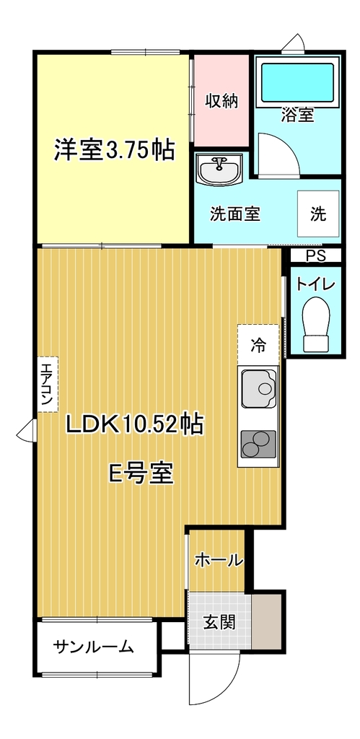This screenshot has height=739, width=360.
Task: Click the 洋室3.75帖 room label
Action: (x=113, y=150)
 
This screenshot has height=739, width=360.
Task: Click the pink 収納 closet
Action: (x=221, y=101)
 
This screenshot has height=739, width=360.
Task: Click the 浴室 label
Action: (x=297, y=115)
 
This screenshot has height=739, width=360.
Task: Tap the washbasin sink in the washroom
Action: (x=219, y=169)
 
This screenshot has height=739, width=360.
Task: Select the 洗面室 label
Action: (x=234, y=214)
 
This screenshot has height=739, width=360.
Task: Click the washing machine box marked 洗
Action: (x=318, y=214)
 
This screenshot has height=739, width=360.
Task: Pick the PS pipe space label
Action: (x=316, y=256)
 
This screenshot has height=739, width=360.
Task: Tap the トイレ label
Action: (x=315, y=284)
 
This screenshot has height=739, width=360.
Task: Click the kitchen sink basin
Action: (x=260, y=388)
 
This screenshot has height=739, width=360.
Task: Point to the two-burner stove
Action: (x=258, y=444)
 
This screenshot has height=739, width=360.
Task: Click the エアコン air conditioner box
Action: (x=47, y=384)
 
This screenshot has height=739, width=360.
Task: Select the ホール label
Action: (x=219, y=560)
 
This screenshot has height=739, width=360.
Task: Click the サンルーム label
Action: (x=93, y=647)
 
